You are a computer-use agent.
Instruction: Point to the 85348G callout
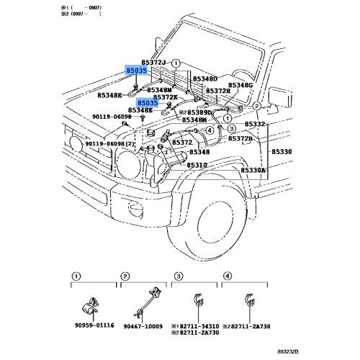(239, 85)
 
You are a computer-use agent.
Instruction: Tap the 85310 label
(197, 166)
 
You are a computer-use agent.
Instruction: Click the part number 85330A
(253, 170)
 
